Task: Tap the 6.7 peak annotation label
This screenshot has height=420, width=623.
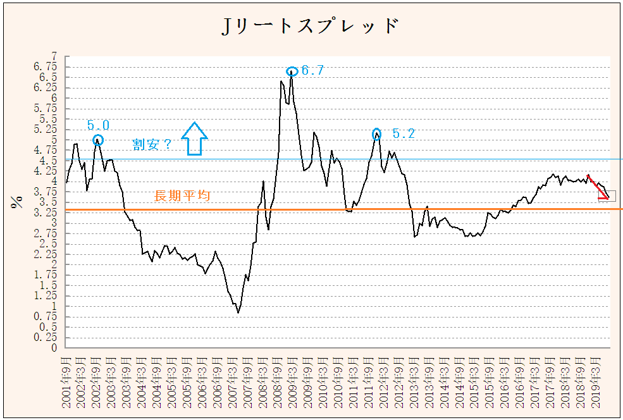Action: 312,71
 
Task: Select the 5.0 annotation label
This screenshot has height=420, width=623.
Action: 98,125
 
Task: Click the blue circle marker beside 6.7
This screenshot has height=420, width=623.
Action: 292,71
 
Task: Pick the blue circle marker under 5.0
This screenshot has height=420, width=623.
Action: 98,140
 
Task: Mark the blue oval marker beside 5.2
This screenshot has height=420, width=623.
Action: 377,133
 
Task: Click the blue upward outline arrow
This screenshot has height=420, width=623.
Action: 194,139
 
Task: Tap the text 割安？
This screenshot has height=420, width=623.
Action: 152,144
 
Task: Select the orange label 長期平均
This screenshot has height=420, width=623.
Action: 182,196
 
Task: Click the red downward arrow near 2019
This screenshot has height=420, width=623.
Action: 598,187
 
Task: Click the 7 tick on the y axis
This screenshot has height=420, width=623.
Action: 54,56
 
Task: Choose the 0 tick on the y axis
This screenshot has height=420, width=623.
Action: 54,348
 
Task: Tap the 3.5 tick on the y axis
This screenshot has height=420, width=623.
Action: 51,202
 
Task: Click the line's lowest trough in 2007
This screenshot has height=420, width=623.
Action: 238,312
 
